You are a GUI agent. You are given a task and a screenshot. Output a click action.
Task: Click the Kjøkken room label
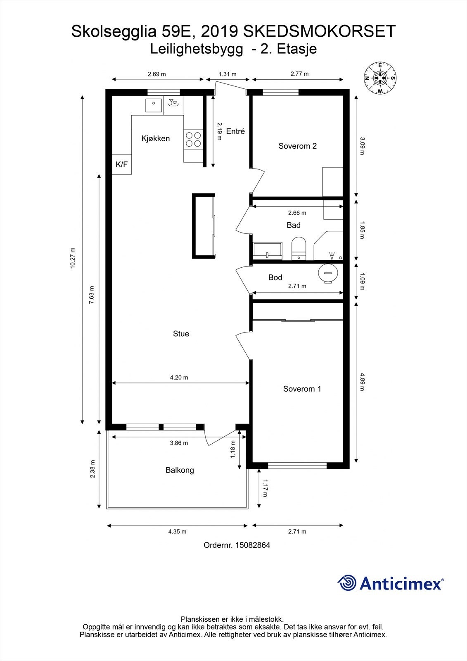click(156, 138)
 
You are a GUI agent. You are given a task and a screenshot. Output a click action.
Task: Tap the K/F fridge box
click(121, 164)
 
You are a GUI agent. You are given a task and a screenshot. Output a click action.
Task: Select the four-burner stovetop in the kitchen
click(193, 139)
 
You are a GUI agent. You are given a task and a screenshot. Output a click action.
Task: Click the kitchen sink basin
click(154, 105)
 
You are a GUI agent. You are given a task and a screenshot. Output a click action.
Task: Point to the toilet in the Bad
click(299, 248)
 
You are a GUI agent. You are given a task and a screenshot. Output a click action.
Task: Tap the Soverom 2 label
click(297, 146)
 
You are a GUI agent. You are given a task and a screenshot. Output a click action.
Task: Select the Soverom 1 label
click(302, 389)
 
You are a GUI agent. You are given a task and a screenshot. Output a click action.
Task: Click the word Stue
click(181, 334)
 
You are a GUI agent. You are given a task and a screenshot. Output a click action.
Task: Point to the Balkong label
click(180, 470)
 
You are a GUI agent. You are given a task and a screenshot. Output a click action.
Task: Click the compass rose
click(380, 78)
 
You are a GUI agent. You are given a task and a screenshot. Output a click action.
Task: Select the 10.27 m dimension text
click(73, 258)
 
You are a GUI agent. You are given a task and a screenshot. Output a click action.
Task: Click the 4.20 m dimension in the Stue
click(179, 378)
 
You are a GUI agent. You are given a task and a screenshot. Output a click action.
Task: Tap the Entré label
click(235, 131)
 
